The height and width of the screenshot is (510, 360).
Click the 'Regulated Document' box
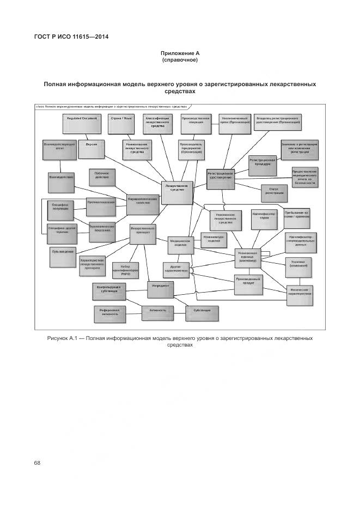click(x=82, y=123)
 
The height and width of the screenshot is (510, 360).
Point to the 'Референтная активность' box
click(x=109, y=312)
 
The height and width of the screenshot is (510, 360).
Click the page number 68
click(x=37, y=463)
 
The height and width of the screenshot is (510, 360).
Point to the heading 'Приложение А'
click(x=180, y=53)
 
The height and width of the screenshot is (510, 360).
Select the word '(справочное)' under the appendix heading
click(x=180, y=59)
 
